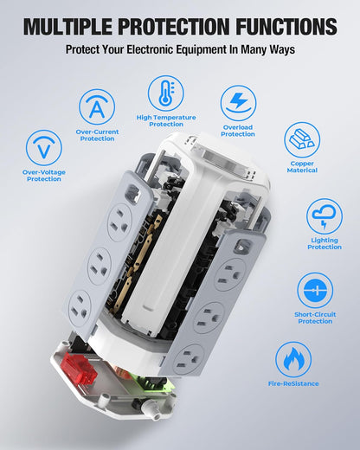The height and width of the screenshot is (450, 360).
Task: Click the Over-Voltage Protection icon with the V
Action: [43, 147]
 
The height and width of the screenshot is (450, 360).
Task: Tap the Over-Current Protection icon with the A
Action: [97, 107]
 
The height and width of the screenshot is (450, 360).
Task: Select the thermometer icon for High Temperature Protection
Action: [165, 93]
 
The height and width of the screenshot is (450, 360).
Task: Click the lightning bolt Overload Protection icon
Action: [238, 103]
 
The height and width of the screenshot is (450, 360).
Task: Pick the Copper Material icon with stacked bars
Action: [302, 139]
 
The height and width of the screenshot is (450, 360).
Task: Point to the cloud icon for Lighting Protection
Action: [325, 216]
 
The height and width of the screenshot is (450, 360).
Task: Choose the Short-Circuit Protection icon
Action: [315, 290]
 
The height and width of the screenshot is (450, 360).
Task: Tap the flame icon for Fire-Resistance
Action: [293, 359]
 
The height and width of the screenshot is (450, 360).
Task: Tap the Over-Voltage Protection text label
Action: [43, 176]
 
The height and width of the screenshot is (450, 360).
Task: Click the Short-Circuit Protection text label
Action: [315, 318]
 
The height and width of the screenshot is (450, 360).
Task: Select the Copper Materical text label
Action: [302, 167]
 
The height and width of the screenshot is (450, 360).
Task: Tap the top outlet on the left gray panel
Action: [119, 223]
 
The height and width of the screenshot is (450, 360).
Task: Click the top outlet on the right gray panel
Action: [228, 276]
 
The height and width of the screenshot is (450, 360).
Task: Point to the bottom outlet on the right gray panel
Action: [189, 357]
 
